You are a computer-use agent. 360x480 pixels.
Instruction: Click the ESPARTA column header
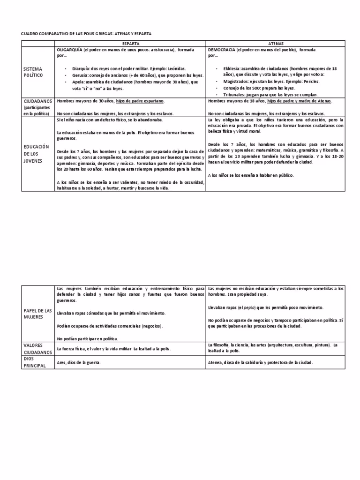pos(130,43)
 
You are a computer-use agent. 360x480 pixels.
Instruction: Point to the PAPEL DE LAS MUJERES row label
pos(37,314)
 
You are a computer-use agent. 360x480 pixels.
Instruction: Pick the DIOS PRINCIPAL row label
pos(35,362)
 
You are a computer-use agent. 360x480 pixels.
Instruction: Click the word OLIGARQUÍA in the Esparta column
pos(69,49)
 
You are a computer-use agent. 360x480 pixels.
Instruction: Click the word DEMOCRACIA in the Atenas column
pos(222,49)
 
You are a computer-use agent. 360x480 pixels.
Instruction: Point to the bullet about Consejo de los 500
pos(259,88)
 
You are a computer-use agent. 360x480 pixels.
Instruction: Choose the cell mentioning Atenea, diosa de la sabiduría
pos(260,362)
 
